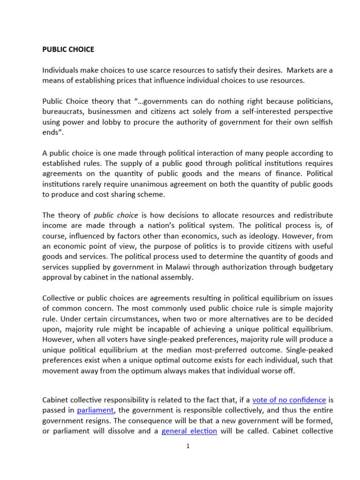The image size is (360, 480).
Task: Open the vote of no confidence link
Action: pos(289,400)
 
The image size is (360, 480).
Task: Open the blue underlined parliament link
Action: pos(95,411)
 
